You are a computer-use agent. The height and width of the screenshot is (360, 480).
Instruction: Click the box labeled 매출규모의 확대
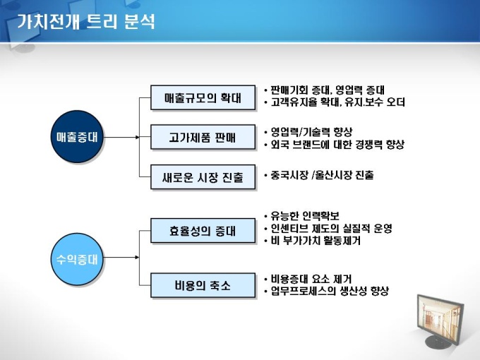pyautogui.click(x=202, y=97)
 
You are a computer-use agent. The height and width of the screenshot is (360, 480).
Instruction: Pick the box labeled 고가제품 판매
pyautogui.click(x=202, y=136)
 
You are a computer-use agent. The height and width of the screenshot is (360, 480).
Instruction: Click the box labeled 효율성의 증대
pyautogui.click(x=202, y=230)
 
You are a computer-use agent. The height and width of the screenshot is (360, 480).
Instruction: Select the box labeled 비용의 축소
pyautogui.click(x=202, y=286)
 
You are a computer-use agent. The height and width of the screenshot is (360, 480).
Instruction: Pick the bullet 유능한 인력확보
pyautogui.click(x=304, y=215)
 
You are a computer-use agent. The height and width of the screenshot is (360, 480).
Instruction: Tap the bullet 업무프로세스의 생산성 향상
pyautogui.click(x=329, y=291)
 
